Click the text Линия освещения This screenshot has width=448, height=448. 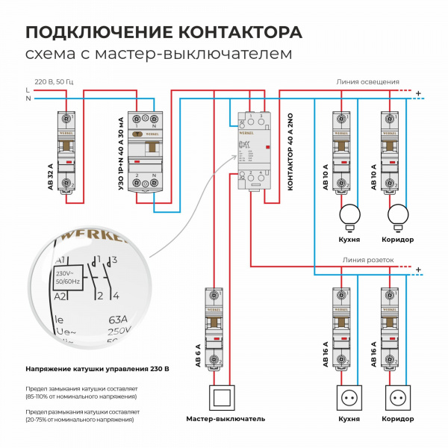[367, 81]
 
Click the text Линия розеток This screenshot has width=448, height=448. [367, 260]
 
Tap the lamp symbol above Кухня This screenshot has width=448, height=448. [349, 216]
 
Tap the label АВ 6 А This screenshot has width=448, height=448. [199, 352]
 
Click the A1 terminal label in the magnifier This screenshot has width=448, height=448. [62, 259]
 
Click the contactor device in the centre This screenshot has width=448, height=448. [252, 149]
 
